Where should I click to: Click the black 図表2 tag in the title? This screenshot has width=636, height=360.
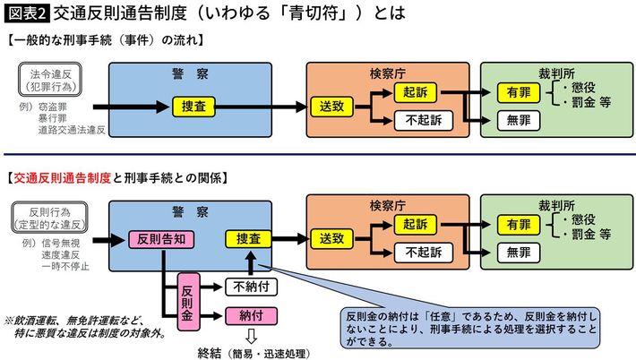coord(26,13)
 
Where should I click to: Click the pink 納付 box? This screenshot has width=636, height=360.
coord(250,315)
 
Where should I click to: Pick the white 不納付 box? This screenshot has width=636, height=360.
coord(250,287)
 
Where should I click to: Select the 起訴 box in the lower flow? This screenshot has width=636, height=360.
coord(416,225)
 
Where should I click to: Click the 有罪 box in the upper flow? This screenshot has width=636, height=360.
coord(518,92)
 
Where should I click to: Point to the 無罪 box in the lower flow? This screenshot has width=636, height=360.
coord(518,253)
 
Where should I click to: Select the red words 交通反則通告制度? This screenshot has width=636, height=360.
coord(62,177)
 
